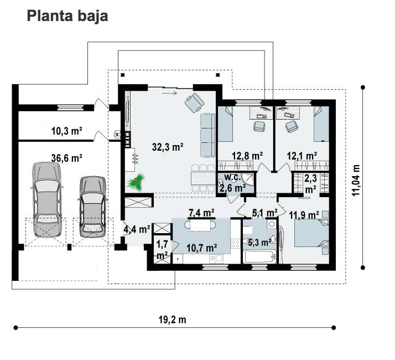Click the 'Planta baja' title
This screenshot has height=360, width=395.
(67, 17)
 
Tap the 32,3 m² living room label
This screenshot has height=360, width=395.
(168, 147)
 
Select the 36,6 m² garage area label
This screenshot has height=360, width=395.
(67, 158)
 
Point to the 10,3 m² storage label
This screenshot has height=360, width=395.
(67, 131)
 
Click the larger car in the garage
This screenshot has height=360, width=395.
(47, 199)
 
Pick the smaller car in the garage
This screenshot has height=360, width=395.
(93, 207)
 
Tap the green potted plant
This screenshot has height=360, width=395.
(136, 182)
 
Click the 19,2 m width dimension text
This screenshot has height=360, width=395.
(172, 320)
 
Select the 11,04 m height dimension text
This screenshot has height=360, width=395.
(356, 180)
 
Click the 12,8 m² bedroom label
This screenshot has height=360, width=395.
(247, 156)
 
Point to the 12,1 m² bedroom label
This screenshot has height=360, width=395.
(302, 156)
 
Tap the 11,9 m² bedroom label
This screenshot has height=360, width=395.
(304, 215)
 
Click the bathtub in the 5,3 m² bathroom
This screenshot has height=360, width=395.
(259, 256)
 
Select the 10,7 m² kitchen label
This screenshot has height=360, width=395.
(202, 248)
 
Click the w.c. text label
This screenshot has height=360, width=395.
(232, 177)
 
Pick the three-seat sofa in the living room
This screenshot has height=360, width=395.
(207, 135)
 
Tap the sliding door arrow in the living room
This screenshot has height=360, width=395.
(169, 93)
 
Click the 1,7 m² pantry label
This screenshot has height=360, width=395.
(162, 250)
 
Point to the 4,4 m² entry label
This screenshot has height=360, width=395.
(137, 229)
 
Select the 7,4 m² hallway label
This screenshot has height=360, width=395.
(201, 213)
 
